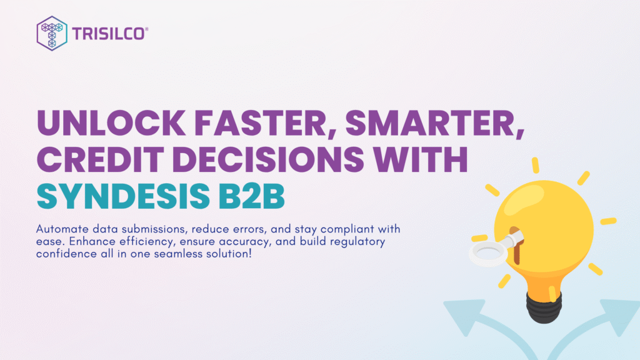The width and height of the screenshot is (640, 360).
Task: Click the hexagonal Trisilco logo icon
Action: point(52,34)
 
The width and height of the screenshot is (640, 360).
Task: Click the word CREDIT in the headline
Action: point(100,159)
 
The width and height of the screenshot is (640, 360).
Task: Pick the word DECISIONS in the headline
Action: point(267,159)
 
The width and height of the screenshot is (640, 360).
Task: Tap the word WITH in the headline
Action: point(421,159)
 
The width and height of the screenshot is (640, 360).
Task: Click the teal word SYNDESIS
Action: point(123,196)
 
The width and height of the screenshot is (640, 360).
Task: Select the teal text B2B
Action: point(251,196)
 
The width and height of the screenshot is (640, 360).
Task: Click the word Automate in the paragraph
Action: point(62,229)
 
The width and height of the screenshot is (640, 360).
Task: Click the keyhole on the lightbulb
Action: point(516,245)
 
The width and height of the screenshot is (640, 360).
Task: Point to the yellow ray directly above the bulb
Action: point(536,165)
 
